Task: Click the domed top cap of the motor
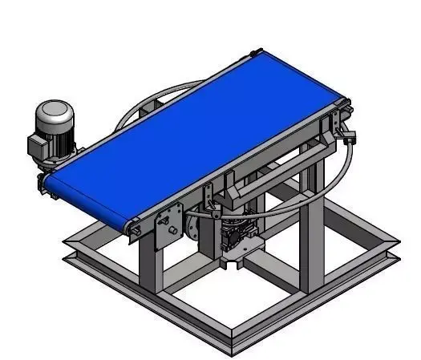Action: [x=55, y=110]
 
